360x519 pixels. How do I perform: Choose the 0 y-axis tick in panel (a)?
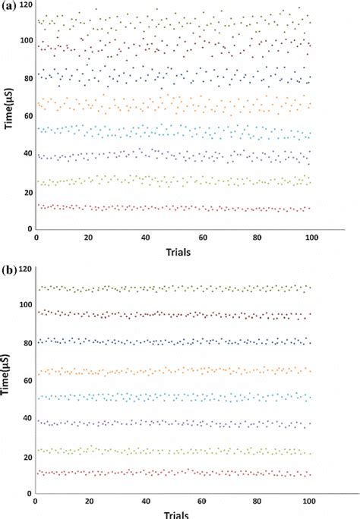31,229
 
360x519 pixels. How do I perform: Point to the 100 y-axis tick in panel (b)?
26,305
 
